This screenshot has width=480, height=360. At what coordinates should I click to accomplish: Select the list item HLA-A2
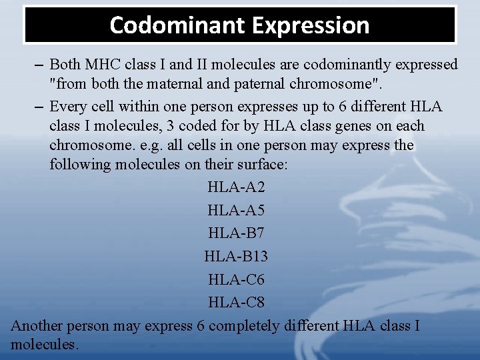[x=236, y=187]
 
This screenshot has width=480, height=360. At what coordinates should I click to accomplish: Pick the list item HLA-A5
[x=236, y=210]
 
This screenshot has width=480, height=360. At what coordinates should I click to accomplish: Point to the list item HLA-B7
[x=236, y=233]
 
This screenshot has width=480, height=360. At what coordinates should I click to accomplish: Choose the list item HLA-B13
[x=236, y=256]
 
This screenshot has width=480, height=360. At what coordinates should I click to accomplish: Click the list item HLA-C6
[x=236, y=279]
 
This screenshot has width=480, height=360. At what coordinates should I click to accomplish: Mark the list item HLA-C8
[x=236, y=302]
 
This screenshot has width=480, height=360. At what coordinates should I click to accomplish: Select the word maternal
[x=169, y=85]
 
